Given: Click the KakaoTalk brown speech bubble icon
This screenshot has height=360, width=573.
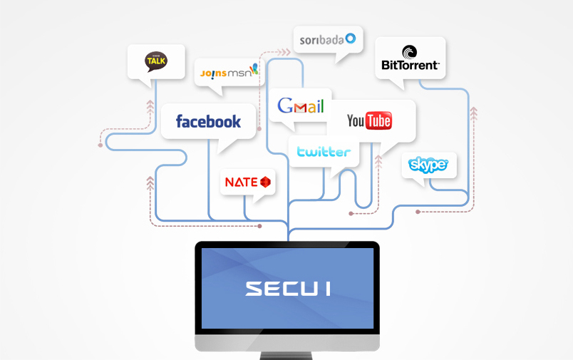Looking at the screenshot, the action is click(156, 61).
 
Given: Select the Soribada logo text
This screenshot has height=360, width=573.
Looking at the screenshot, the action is click(321, 39).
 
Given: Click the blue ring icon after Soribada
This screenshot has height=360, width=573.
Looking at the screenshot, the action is click(351, 38).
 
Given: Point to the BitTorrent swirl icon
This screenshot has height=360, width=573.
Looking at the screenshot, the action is click(409, 52).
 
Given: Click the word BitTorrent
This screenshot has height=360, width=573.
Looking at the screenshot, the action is click(411, 66).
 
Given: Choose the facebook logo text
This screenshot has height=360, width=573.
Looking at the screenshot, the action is click(208, 121).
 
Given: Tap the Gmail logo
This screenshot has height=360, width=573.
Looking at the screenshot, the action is click(300, 106).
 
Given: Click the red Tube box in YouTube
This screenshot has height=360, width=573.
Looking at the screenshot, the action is click(378, 120).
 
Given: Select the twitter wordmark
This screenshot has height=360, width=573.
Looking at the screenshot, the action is click(324, 151).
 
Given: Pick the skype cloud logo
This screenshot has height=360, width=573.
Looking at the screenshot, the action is click(428, 165).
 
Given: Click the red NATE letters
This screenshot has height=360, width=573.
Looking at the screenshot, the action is click(242, 182).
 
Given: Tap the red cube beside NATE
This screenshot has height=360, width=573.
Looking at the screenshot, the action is click(265, 182).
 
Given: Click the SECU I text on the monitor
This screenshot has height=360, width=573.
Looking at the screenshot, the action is click(288, 289).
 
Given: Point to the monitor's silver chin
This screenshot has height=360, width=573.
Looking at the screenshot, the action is click(287, 343).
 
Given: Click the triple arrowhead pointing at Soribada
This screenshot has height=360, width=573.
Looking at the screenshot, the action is click(284, 52).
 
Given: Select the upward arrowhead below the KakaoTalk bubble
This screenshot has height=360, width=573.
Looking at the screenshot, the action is click(150, 106).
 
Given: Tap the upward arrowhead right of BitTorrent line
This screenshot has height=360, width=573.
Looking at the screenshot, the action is click(474, 113).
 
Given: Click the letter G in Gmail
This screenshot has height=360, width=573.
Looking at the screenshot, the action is click(285, 106).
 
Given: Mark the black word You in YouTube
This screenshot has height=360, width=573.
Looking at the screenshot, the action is click(356, 120).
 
